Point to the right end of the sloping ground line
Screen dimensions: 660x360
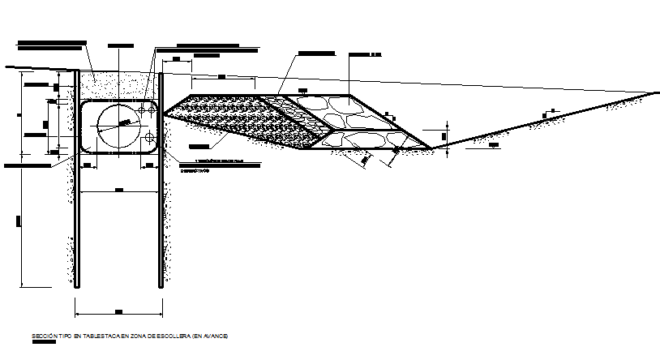[656, 92]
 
